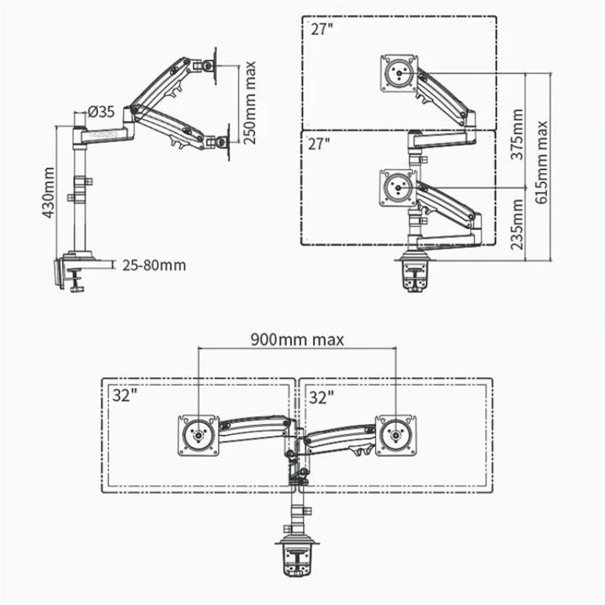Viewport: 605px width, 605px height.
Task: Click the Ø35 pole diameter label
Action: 101,112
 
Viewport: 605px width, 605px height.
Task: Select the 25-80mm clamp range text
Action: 153,265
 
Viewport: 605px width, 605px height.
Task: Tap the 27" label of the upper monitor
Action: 321,30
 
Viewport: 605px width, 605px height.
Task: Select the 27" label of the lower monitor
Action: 321,144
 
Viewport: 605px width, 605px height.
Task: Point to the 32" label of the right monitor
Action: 321,396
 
